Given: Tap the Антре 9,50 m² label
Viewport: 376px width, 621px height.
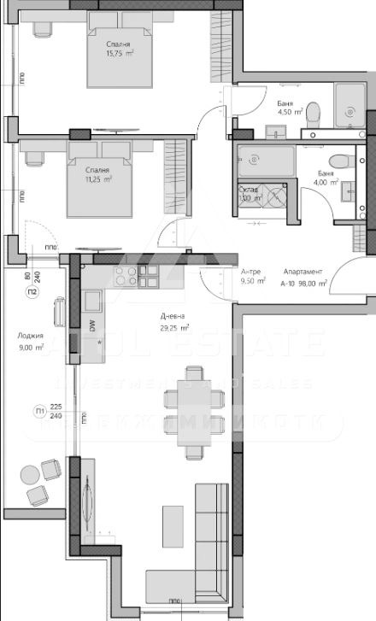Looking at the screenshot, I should tap(253, 275).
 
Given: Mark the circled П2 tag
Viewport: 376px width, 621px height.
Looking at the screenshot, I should tap(31, 291).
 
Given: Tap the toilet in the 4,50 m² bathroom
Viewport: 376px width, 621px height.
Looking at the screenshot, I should tap(313, 112).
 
